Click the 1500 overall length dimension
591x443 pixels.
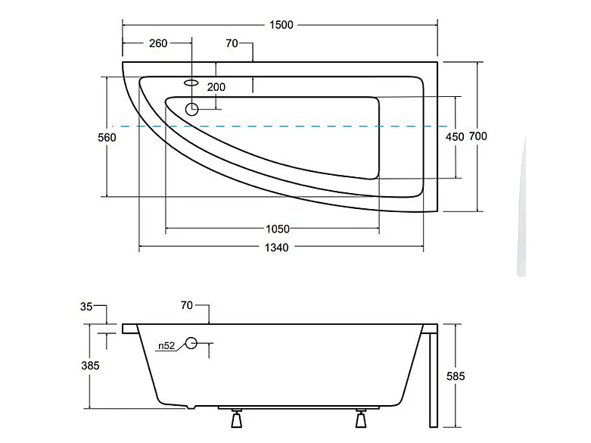[280, 25]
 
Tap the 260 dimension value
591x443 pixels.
[157, 43]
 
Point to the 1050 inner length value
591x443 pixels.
[277, 229]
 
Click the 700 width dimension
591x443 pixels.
[477, 136]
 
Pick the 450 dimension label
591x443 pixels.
[454, 137]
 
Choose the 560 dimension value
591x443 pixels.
[107, 137]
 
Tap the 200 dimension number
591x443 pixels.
[216, 87]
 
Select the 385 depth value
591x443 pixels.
[90, 365]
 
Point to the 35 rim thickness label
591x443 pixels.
[86, 307]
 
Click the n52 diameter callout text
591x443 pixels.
[166, 346]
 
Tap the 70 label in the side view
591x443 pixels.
[186, 306]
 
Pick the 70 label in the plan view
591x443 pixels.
[232, 43]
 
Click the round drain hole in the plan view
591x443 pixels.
[191, 109]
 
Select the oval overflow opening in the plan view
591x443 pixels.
[191, 81]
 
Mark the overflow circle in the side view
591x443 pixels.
[191, 344]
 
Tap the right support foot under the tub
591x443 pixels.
[362, 419]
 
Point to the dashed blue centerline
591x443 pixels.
[280, 126]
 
